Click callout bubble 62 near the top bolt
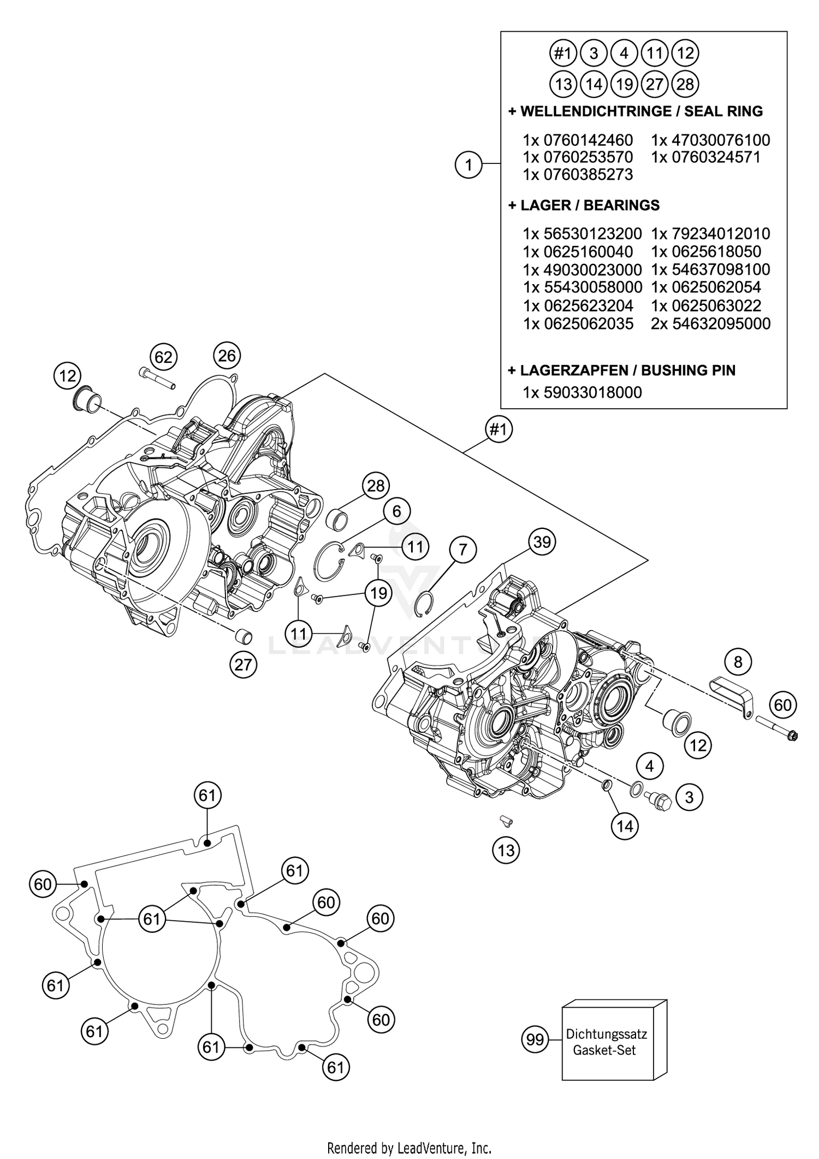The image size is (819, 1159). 163,357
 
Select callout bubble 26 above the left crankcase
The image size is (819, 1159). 227,356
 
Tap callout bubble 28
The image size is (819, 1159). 376,485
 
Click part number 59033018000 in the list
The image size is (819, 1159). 592,392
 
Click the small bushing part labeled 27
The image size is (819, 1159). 244,637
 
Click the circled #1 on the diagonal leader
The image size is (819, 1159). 498,430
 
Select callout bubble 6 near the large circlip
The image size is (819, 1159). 396,511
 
